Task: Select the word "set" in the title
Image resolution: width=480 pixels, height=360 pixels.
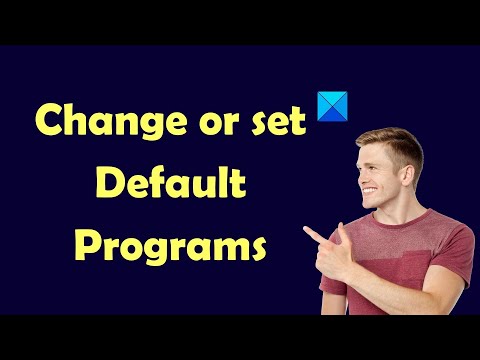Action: (279, 122)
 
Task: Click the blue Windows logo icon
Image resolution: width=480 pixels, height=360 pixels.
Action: (330, 107)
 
